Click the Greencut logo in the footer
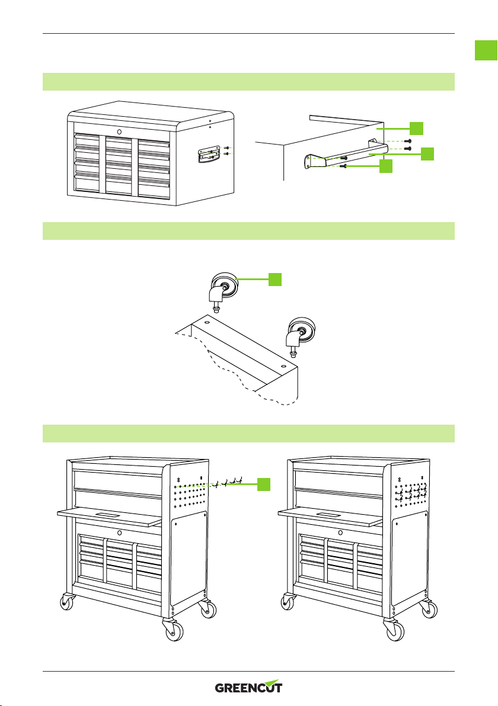pos(248,686)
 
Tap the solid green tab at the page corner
pos(486,50)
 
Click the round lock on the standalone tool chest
pos(119,131)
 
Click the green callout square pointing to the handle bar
pos(427,154)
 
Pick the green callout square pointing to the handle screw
pos(386,166)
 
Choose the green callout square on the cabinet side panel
pos(416,129)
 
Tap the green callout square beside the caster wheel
pos(275,279)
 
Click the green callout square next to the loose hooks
pos(264,484)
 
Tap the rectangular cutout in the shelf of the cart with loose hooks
pos(108,514)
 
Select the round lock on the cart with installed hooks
pos(339,532)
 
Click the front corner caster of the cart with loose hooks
pos(173,629)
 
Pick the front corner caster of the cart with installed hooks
pos(394,629)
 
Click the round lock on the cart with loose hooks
pos(119,532)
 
